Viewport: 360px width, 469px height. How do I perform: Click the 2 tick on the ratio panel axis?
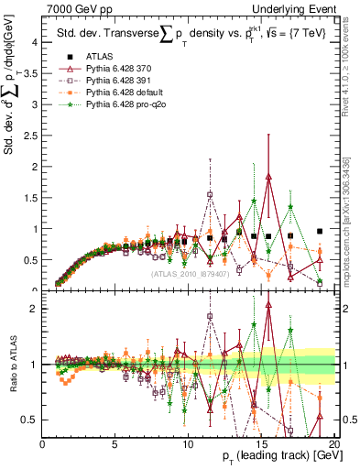(34, 309)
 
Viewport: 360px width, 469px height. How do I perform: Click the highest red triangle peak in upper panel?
(268, 177)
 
